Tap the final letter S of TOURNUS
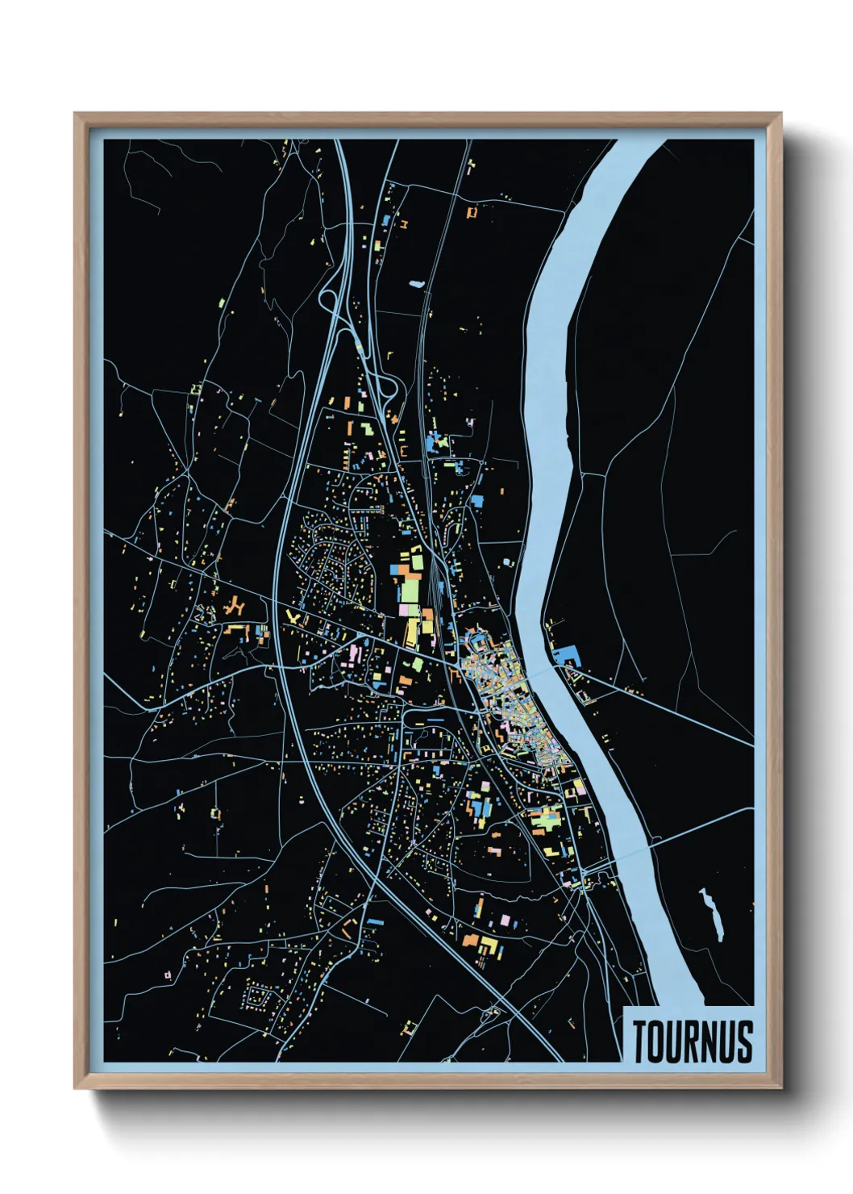[744, 1042]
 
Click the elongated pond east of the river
[712, 914]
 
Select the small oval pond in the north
[416, 284]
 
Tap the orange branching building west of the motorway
[235, 606]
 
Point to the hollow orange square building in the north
[472, 213]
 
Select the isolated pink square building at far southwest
[168, 975]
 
